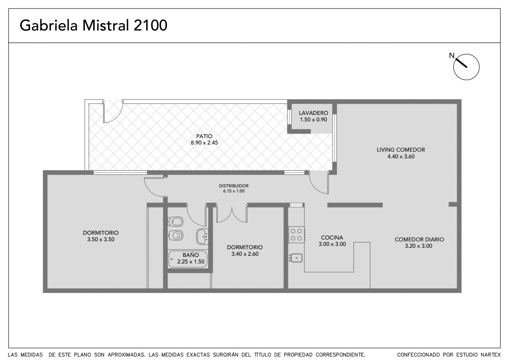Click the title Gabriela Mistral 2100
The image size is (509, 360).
pyautogui.click(x=93, y=25)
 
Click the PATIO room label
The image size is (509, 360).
pyautogui.click(x=204, y=136)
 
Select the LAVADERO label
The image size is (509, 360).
pyautogui.click(x=313, y=113)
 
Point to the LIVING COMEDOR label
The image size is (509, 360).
pyautogui.click(x=401, y=150)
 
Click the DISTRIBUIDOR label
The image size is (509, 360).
pyautogui.click(x=234, y=186)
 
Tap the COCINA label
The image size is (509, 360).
pyautogui.click(x=332, y=238)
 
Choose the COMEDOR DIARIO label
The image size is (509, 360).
pyautogui.click(x=419, y=239)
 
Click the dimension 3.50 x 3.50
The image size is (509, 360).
pyautogui.click(x=101, y=239)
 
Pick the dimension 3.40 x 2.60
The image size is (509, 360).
pyautogui.click(x=245, y=254)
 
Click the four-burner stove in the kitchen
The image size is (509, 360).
pyautogui.click(x=297, y=234)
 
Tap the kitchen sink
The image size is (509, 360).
pyautogui.click(x=296, y=258)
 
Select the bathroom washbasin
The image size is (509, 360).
pyautogui.click(x=202, y=237)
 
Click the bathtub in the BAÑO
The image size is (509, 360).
pyautogui.click(x=188, y=259)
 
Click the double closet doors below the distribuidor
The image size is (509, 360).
pyautogui.click(x=232, y=214)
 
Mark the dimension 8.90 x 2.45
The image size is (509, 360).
pyautogui.click(x=204, y=143)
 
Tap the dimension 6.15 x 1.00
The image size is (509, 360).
pyautogui.click(x=234, y=191)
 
